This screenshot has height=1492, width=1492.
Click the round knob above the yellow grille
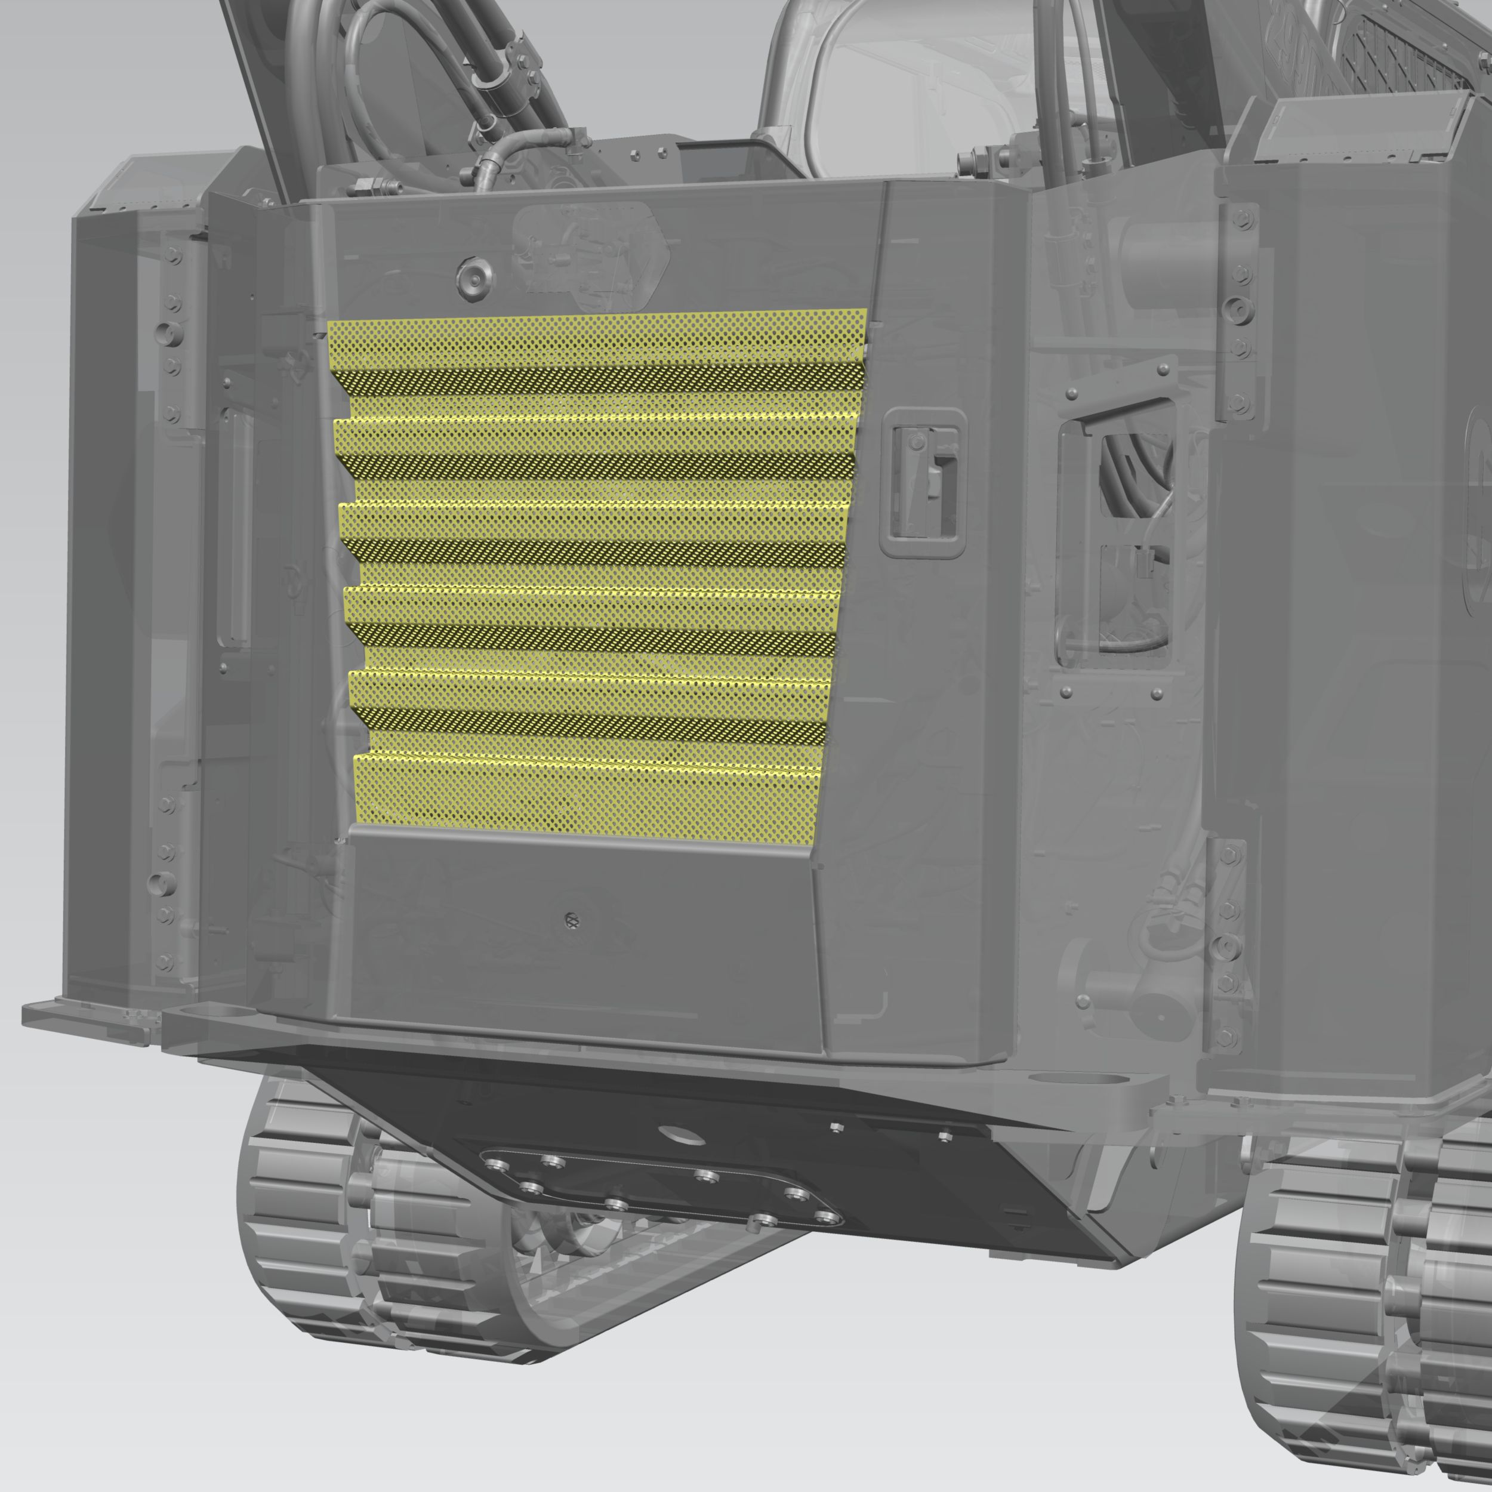474,276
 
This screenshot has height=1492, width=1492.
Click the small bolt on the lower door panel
572,920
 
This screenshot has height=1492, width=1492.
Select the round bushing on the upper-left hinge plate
168,334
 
